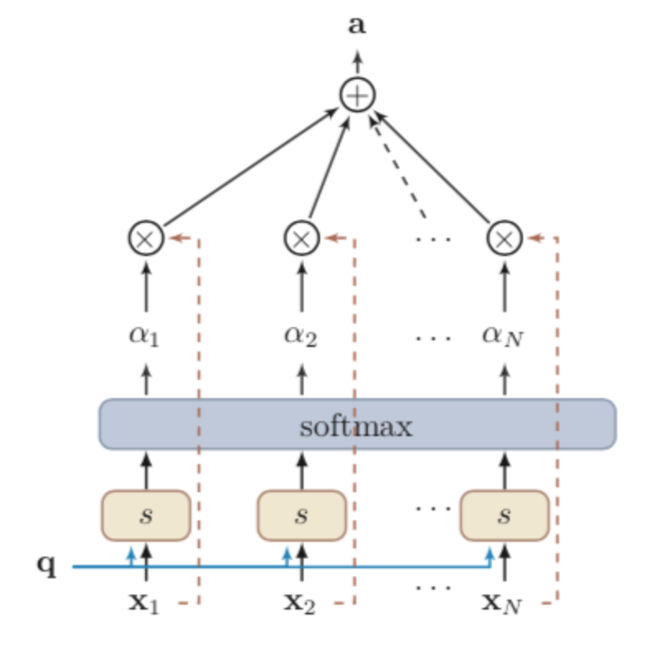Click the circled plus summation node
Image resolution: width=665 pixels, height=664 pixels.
point(357,96)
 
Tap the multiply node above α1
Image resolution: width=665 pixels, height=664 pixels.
point(146,239)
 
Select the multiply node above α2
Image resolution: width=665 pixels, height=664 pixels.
point(301,239)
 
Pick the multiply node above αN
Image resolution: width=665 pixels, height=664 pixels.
point(505,239)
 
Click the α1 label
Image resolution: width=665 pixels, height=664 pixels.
point(146,336)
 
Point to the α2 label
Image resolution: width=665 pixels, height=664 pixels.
point(301,336)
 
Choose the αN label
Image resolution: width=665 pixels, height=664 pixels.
point(503,337)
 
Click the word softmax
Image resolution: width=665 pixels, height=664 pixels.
point(356,426)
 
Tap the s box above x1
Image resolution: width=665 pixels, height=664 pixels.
point(146,515)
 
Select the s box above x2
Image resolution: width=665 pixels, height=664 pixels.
point(301,515)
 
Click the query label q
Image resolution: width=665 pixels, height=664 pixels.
point(46,566)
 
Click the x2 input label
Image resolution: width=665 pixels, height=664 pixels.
point(301,602)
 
